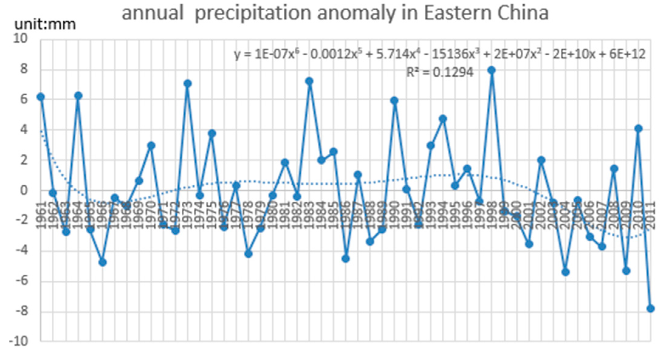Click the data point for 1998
click(x=492, y=70)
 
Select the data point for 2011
click(x=650, y=309)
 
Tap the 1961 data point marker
click(x=41, y=97)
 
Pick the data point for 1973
click(x=187, y=83)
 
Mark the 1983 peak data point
click(x=309, y=81)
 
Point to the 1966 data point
click(x=102, y=262)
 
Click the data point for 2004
click(x=565, y=272)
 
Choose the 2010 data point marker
click(x=638, y=128)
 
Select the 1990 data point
click(x=395, y=101)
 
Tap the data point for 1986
click(x=346, y=259)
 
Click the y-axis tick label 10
click(x=20, y=39)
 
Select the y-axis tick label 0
click(x=23, y=190)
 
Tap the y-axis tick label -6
click(x=20, y=281)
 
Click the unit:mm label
click(x=45, y=24)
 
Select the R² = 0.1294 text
click(x=440, y=72)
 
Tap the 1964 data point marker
click(x=78, y=96)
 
